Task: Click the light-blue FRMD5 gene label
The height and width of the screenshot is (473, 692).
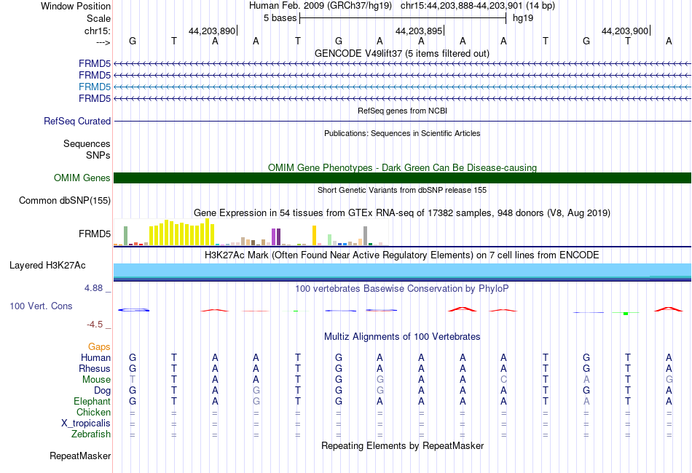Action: [95, 87]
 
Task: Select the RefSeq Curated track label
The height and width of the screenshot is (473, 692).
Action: [77, 122]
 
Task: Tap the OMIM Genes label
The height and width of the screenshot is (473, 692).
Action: [82, 178]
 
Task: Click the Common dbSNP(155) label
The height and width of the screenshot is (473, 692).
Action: [65, 201]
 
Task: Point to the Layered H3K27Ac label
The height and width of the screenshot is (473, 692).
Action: [47, 266]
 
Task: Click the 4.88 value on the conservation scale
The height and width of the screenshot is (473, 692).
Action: [93, 288]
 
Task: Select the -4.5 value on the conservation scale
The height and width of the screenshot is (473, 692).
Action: [95, 325]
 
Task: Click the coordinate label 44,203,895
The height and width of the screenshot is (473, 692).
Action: [419, 31]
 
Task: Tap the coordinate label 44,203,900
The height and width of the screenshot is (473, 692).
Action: [625, 31]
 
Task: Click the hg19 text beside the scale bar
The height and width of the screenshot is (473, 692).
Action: [523, 18]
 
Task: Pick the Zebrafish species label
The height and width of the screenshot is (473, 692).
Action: [91, 434]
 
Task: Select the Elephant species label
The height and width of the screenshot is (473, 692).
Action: [93, 402]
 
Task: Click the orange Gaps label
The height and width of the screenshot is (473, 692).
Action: [99, 347]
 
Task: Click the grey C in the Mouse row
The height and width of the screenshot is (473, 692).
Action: [503, 380]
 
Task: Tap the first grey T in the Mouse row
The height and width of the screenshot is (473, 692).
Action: [133, 380]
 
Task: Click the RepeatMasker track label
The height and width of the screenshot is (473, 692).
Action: [80, 456]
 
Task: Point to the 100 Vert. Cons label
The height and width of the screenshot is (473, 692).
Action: [41, 306]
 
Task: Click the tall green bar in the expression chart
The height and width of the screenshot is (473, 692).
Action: [126, 236]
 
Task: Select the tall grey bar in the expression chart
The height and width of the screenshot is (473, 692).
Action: [366, 236]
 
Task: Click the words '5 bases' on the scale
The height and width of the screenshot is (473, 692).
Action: [280, 18]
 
